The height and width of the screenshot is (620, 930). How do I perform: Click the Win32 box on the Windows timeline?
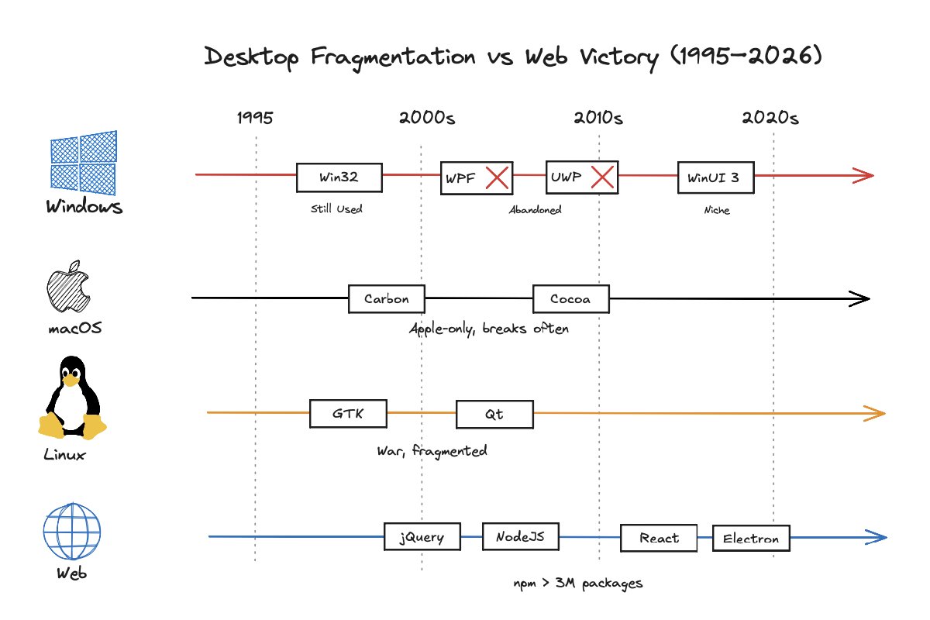339,177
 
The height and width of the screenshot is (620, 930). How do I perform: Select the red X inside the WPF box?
497,178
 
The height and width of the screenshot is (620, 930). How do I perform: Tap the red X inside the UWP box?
602,177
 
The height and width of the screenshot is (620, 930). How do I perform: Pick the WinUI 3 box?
715,177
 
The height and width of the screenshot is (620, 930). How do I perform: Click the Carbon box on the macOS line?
387,299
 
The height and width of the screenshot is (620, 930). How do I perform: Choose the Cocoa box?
570,299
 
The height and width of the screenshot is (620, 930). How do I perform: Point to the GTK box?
348,414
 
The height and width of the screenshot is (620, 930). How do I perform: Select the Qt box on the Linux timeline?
494,415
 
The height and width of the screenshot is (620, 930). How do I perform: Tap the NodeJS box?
520,536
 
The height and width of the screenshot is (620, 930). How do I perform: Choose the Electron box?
751,539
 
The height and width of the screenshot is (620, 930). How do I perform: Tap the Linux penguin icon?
71,399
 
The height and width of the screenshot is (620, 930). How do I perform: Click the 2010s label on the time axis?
598,119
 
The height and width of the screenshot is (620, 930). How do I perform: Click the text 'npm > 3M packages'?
577,584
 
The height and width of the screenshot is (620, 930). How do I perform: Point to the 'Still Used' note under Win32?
336,209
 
